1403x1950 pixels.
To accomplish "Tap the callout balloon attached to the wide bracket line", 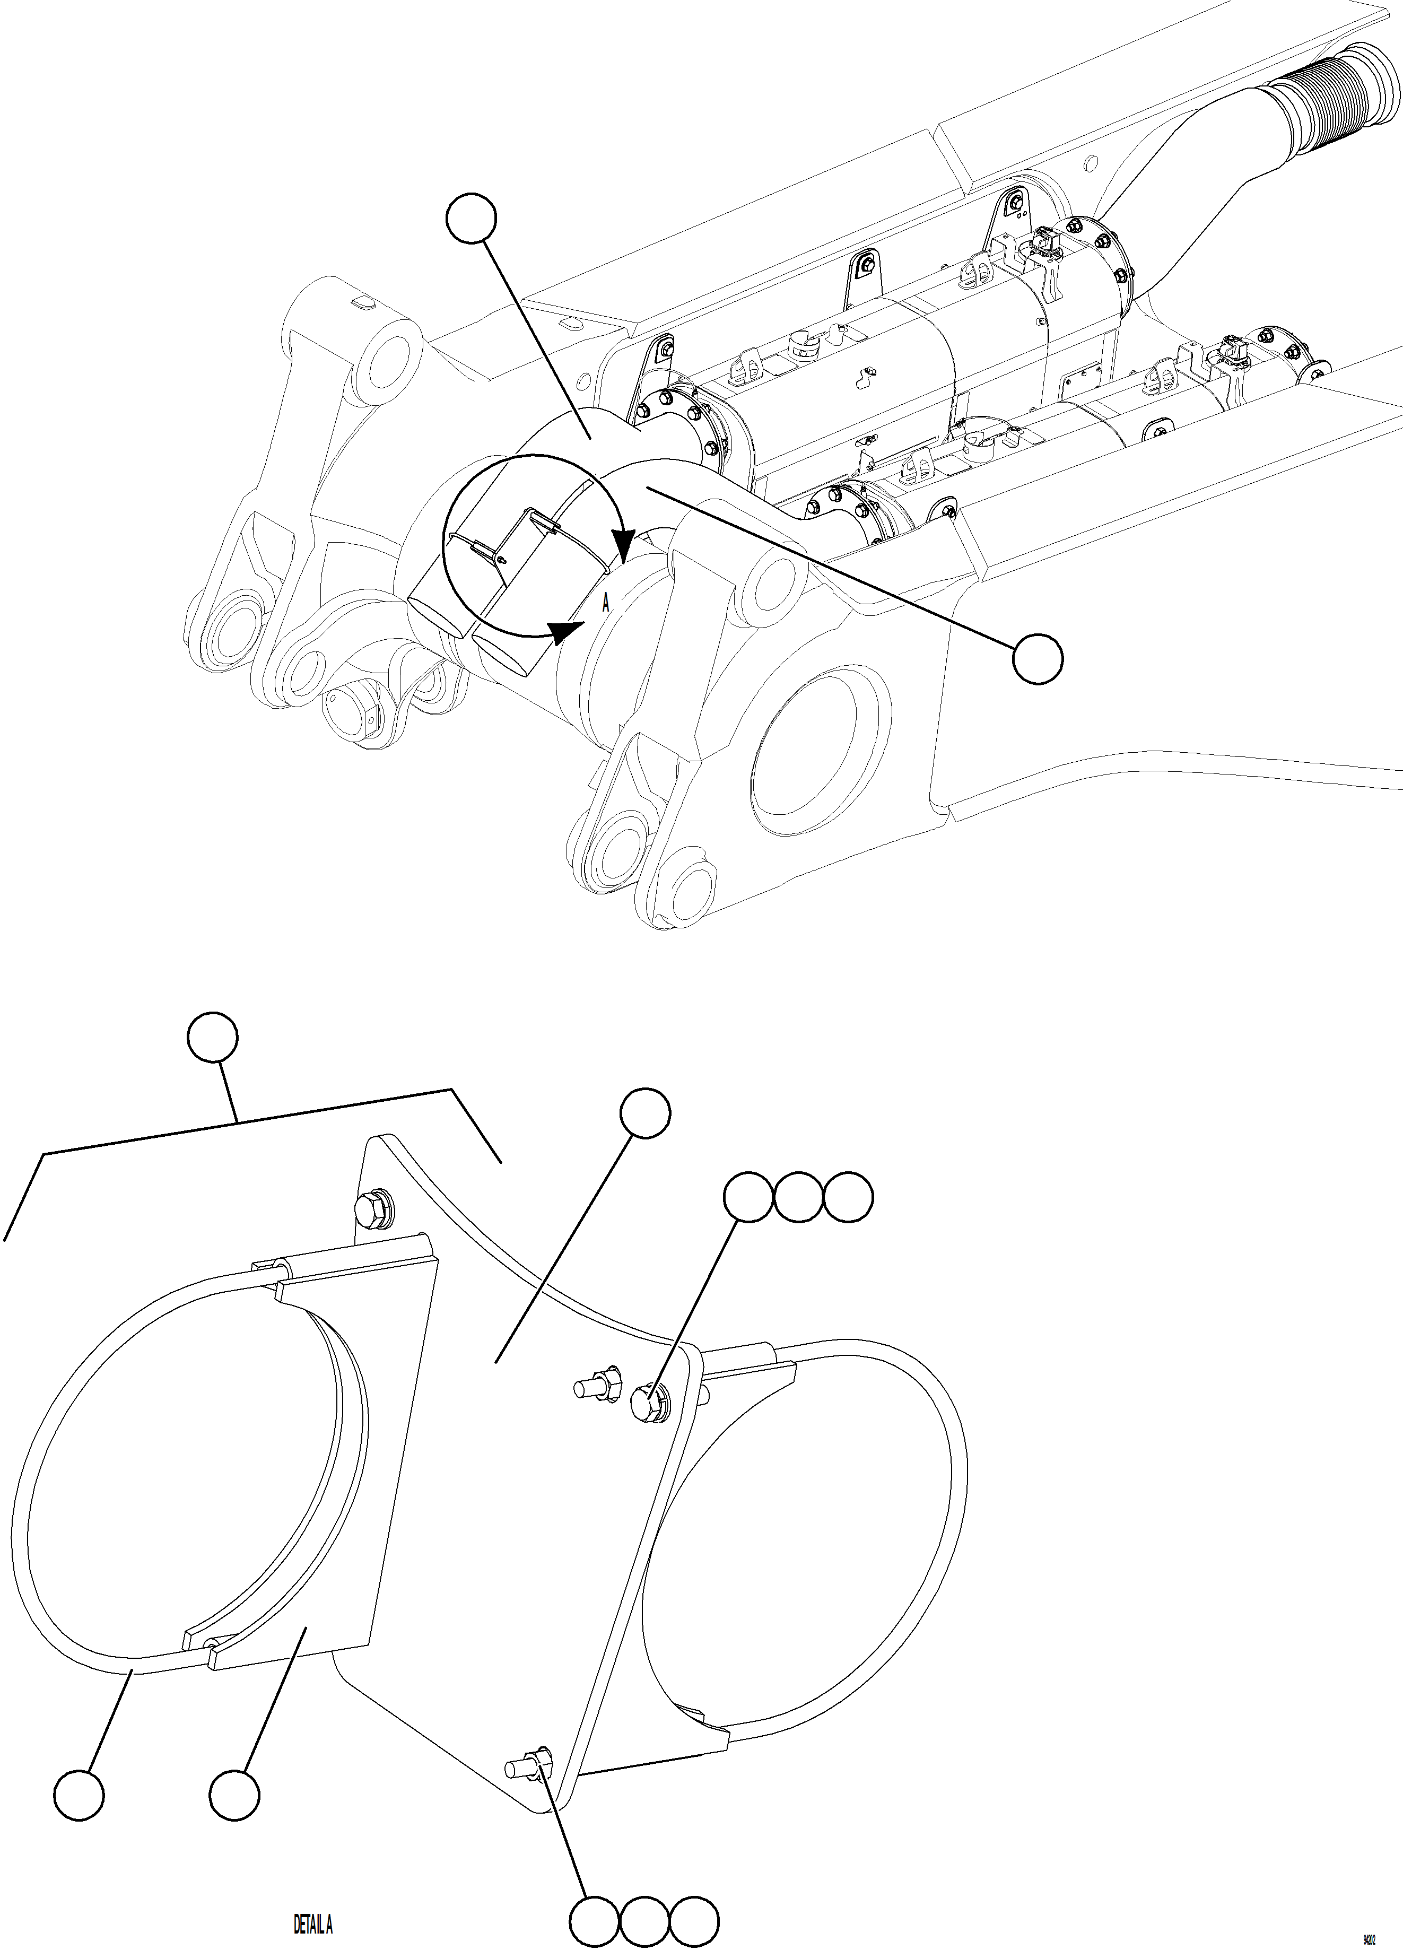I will pos(213,1037).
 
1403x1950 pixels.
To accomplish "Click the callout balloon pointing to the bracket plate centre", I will pos(646,1112).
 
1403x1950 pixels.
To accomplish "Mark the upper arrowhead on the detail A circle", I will pos(624,543).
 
